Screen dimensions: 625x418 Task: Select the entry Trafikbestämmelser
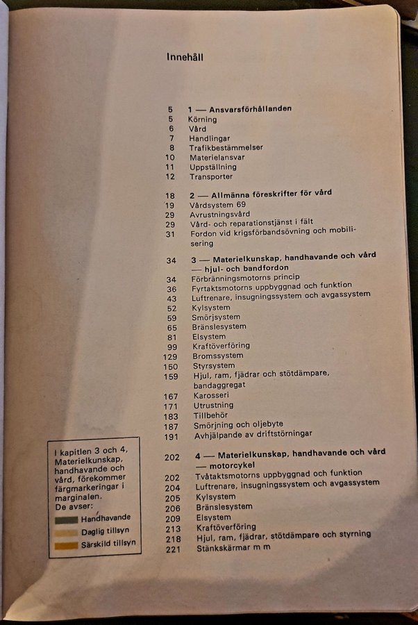pyautogui.click(x=217, y=148)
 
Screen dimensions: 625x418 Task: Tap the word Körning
pyautogui.click(x=202, y=119)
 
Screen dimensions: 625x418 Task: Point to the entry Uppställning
pyautogui.click(x=212, y=167)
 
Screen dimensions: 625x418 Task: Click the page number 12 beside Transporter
pyautogui.click(x=170, y=177)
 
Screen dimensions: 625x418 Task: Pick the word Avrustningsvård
pyautogui.click(x=219, y=215)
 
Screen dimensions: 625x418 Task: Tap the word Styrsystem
pyautogui.click(x=215, y=366)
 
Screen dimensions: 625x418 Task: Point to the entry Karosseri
pyautogui.click(x=213, y=396)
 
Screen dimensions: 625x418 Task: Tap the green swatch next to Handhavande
pyautogui.click(x=66, y=519)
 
